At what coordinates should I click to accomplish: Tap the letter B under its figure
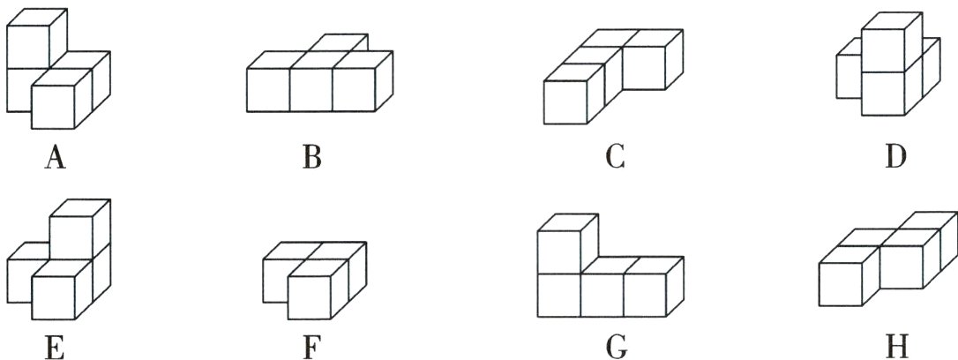click(x=311, y=158)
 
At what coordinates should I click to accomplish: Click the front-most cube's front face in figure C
click(x=565, y=103)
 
